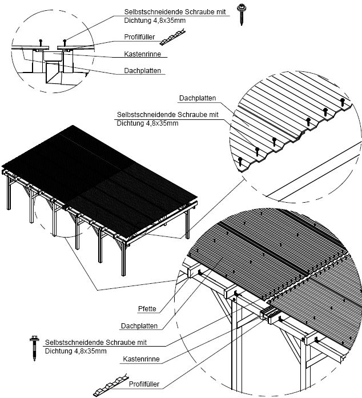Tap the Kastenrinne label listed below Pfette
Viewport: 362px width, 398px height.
click(x=140, y=360)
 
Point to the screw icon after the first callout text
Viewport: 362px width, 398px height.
click(x=242, y=16)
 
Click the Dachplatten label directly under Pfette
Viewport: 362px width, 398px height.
click(x=139, y=326)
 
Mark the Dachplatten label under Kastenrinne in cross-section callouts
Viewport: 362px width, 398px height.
click(x=143, y=71)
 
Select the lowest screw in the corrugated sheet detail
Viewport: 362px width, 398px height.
click(x=240, y=161)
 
